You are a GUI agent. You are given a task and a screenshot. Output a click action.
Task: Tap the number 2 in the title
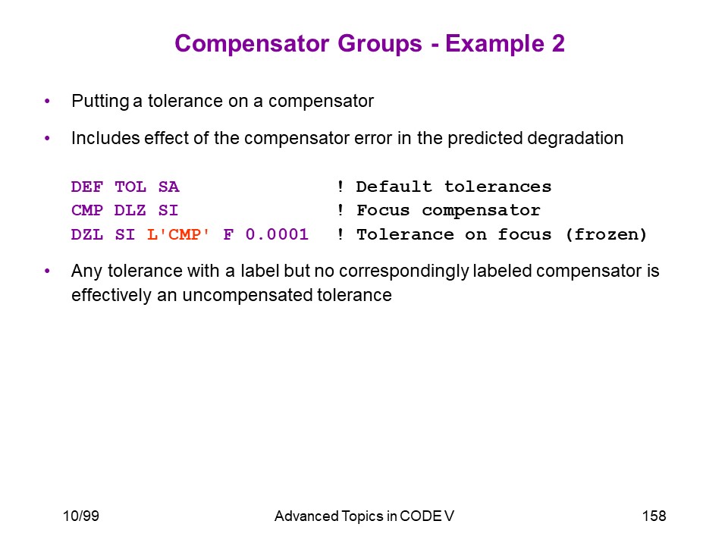tap(558, 44)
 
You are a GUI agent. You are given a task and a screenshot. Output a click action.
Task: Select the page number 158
tap(654, 516)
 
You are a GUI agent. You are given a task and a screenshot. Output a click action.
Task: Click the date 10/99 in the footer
tap(81, 516)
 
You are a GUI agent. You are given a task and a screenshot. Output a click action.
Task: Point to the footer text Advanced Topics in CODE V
tap(364, 516)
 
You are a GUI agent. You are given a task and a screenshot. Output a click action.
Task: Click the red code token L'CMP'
tap(178, 234)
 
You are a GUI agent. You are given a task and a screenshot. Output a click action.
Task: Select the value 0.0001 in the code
tap(277, 234)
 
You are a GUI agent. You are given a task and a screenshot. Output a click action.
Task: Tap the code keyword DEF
tap(86, 187)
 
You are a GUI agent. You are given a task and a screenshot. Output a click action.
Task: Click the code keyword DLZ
tap(130, 210)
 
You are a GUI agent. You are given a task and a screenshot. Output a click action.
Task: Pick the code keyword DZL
tap(86, 234)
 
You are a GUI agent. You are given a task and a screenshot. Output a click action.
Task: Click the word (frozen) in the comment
tap(606, 234)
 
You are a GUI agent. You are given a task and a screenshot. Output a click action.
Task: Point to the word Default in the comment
tap(394, 187)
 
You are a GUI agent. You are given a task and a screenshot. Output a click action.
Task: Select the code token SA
tap(168, 187)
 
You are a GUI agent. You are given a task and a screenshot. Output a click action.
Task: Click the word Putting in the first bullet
tap(100, 101)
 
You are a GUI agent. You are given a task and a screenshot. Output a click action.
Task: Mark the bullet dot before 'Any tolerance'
tap(47, 271)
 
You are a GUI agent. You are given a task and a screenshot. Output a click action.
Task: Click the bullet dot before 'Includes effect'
tap(47, 138)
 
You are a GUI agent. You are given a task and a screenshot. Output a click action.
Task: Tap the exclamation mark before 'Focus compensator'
tap(340, 210)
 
